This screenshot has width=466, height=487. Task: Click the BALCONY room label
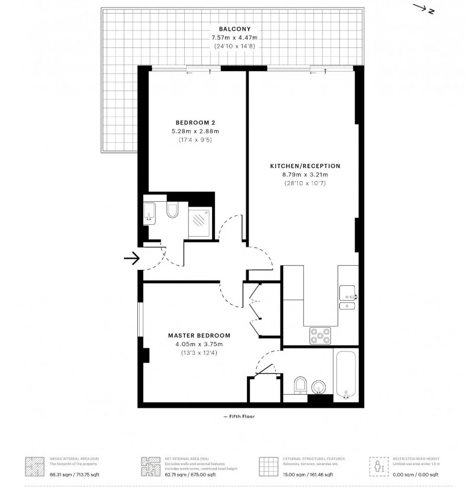[x=234, y=29]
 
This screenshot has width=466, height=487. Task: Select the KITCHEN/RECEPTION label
[x=305, y=166]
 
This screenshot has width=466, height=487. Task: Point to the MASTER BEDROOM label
[x=198, y=336]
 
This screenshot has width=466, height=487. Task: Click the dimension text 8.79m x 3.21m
[x=305, y=175]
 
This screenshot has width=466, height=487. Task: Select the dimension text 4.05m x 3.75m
[x=198, y=344]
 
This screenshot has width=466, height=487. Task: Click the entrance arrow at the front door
[x=131, y=258]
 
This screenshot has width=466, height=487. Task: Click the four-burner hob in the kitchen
[x=320, y=336]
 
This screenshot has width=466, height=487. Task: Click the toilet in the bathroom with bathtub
[x=300, y=385]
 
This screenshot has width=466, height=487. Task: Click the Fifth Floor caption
[x=239, y=417]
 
